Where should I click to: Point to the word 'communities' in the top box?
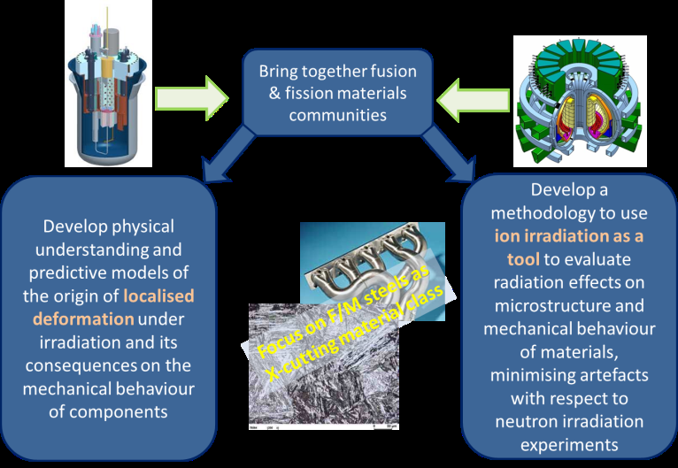[x=336, y=115]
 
